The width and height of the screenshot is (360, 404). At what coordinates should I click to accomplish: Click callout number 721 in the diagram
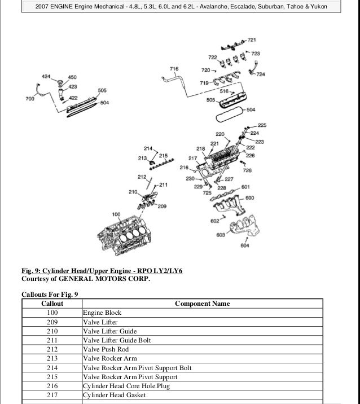[252, 40]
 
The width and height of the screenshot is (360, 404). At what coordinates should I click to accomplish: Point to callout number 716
[174, 69]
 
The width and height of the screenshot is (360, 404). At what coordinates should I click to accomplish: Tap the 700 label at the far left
[30, 99]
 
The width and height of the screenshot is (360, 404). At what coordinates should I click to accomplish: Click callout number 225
[262, 125]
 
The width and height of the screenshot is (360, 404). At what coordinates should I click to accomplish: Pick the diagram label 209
[162, 207]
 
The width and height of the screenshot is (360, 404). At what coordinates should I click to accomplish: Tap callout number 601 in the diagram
[245, 187]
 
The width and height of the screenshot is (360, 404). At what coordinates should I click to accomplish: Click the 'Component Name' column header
[202, 304]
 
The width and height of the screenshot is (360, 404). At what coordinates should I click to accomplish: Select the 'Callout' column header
[52, 304]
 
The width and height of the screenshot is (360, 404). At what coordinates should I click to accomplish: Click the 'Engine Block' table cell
[102, 313]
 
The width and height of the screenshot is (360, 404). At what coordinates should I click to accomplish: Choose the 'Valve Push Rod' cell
[106, 349]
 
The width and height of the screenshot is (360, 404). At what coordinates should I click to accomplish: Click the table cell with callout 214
[52, 368]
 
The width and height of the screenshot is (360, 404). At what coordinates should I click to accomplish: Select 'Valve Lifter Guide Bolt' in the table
[117, 340]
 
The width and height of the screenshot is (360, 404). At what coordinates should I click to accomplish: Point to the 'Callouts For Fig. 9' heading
[50, 294]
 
